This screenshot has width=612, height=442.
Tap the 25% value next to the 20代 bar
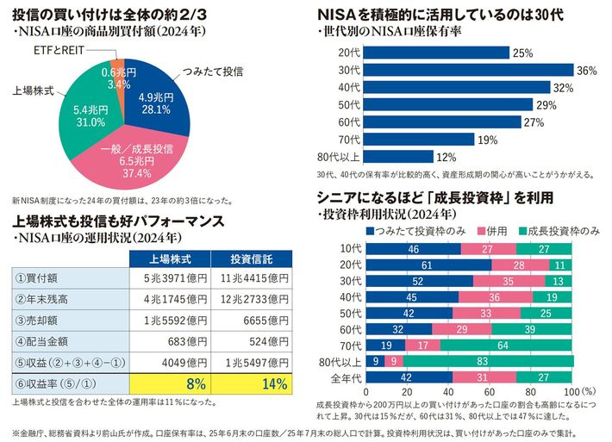[x=522, y=53]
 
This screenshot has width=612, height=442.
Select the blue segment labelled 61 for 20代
[x=427, y=265]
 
